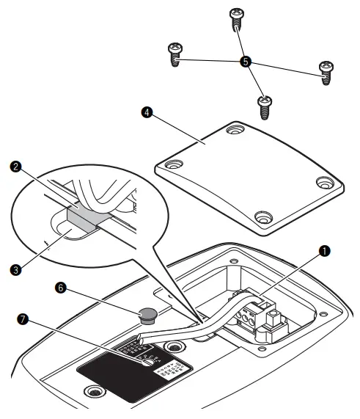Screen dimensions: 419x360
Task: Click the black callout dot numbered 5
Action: [x=246, y=62]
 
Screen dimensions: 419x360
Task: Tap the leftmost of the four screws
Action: [x=175, y=54]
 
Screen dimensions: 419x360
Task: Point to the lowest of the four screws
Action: [x=265, y=106]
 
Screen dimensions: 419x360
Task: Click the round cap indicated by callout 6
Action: [x=146, y=316]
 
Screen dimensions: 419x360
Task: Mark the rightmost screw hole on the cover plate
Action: [x=322, y=183]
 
